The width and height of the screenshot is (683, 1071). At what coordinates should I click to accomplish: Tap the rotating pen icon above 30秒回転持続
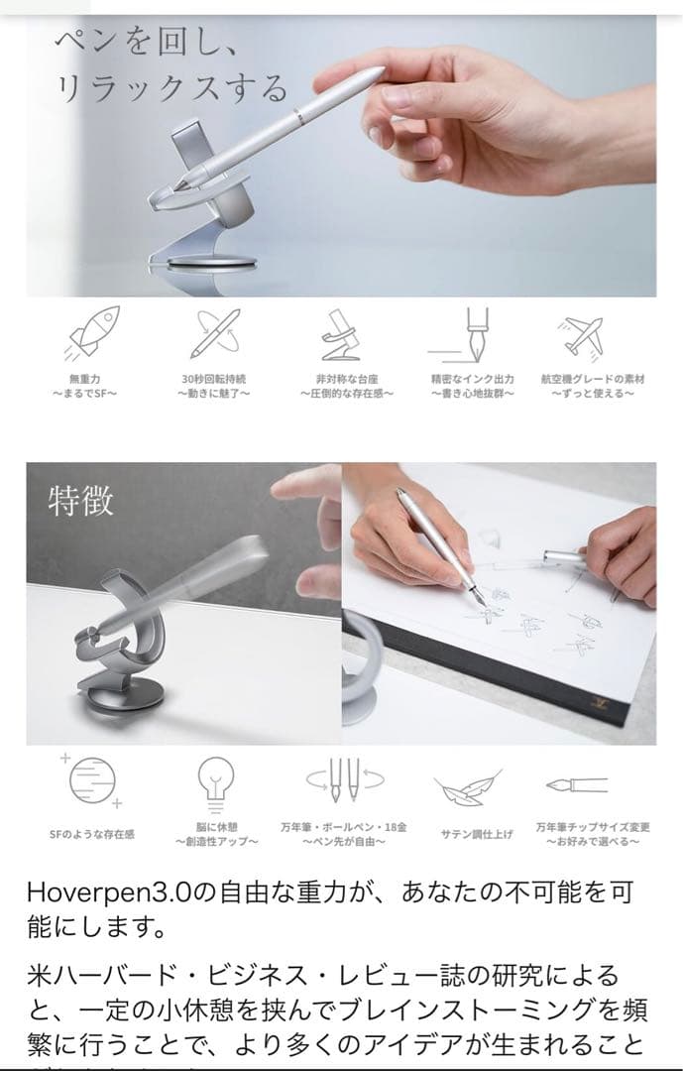point(214,334)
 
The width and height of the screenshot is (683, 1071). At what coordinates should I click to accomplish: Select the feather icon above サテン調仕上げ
point(464,789)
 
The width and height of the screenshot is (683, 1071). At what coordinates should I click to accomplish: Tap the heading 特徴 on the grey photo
point(81,500)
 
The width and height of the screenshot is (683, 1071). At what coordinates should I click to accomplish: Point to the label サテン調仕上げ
point(476,834)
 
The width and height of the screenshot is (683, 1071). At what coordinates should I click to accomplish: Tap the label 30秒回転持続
point(214,379)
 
